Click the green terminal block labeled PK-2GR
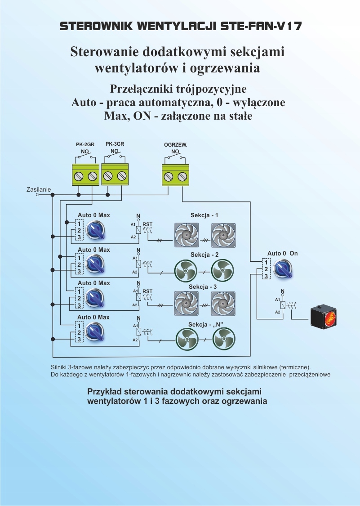point(85,175)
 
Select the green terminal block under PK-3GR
point(115,175)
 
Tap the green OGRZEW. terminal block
point(175,175)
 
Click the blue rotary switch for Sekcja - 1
point(96,230)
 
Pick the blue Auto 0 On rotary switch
point(284,269)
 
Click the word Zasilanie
point(39,190)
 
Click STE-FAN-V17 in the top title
point(261,27)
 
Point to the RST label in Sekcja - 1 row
point(147,224)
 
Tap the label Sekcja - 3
point(203,287)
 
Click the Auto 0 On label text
point(282,254)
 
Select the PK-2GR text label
point(85,145)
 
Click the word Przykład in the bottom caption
point(105,391)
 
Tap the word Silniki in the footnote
point(60,367)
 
